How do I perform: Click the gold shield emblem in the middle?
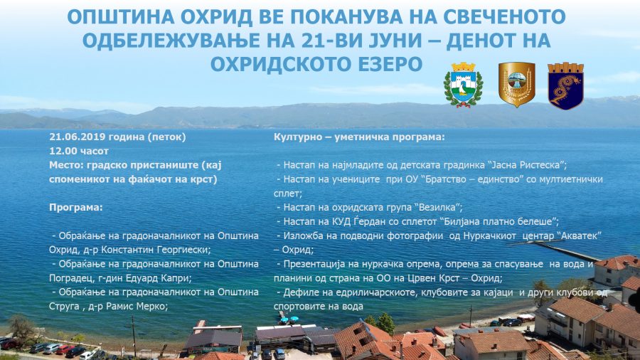[x=516, y=84]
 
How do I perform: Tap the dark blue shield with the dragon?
[x=565, y=85]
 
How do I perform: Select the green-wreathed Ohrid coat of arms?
[x=463, y=85]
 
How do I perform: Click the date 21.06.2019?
[x=77, y=137]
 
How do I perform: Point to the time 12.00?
[x=63, y=151]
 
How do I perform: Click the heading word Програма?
[x=76, y=207]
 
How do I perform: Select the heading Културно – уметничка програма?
[x=359, y=137]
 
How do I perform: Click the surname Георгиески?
[x=177, y=250]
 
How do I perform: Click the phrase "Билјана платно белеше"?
[x=498, y=222]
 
